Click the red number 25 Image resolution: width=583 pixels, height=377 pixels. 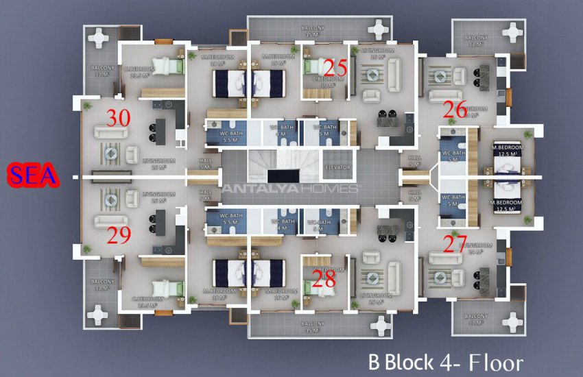tap(335, 68)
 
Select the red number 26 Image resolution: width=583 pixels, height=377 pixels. tap(455, 108)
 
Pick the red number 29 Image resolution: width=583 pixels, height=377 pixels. tap(119, 236)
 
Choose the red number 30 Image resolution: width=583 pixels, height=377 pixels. tap(119, 118)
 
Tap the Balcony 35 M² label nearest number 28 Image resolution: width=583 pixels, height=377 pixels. tap(313, 326)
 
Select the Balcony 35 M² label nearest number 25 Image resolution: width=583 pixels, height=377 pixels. tap(313, 32)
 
